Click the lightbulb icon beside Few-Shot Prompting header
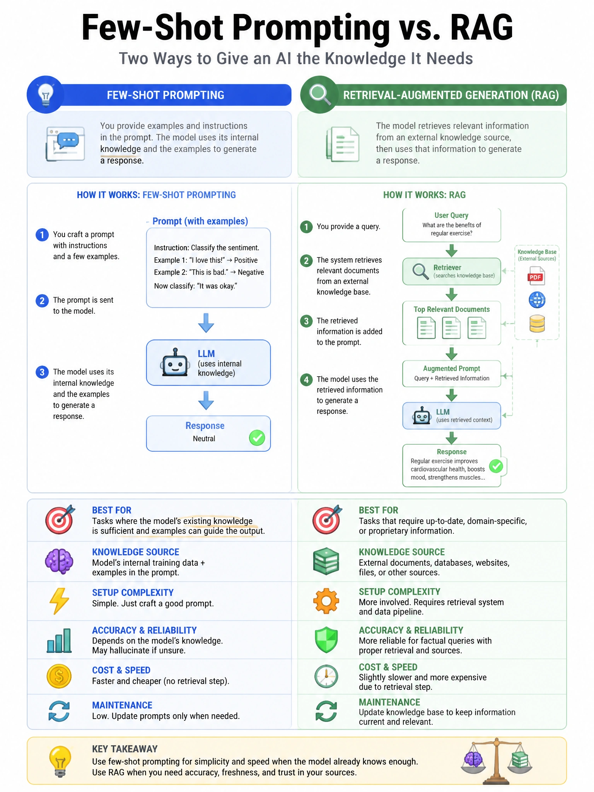[x=46, y=95]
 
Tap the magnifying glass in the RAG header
[x=320, y=95]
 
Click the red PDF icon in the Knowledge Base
[x=536, y=276]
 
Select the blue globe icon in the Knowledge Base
[x=537, y=300]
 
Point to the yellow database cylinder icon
[x=537, y=324]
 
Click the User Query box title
[x=451, y=215]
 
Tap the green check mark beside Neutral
[x=257, y=438]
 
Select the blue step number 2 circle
[x=42, y=300]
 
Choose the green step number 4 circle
[x=306, y=379]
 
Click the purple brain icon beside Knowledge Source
[x=59, y=561]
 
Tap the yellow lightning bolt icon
[x=59, y=601]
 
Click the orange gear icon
[x=326, y=601]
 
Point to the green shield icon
[x=326, y=640]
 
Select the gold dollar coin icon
[x=59, y=676]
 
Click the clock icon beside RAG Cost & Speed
[x=326, y=676]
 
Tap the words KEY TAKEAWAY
[x=125, y=749]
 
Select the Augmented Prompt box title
[x=451, y=369]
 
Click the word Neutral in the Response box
[x=204, y=439]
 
